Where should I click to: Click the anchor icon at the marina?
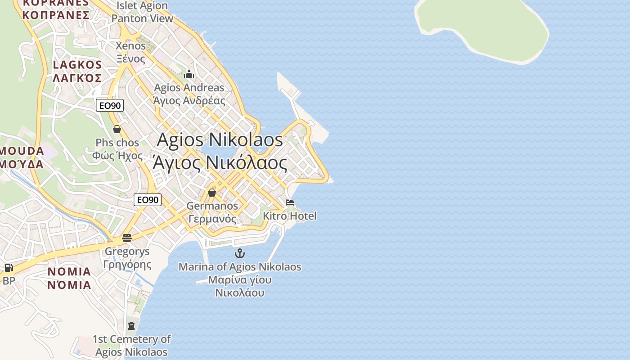(x=240, y=253)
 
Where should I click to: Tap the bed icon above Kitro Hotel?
(x=290, y=202)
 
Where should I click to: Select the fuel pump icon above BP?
(x=9, y=268)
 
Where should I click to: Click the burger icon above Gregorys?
(x=127, y=238)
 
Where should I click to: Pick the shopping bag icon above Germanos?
(x=212, y=193)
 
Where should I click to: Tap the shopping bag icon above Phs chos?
(x=117, y=130)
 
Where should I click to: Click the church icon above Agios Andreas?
(x=189, y=74)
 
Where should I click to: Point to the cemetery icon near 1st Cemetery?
(x=131, y=325)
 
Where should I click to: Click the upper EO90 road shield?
(x=110, y=106)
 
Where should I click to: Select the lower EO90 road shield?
(x=148, y=200)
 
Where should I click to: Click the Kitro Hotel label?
(x=290, y=216)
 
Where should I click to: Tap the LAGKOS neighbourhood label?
(x=77, y=71)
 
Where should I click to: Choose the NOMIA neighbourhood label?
(x=69, y=278)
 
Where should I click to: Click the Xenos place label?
(x=130, y=52)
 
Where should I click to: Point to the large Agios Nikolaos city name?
(x=220, y=151)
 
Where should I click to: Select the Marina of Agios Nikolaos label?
(x=240, y=279)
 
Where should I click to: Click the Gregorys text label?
(x=127, y=258)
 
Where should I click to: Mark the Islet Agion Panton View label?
(x=142, y=12)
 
